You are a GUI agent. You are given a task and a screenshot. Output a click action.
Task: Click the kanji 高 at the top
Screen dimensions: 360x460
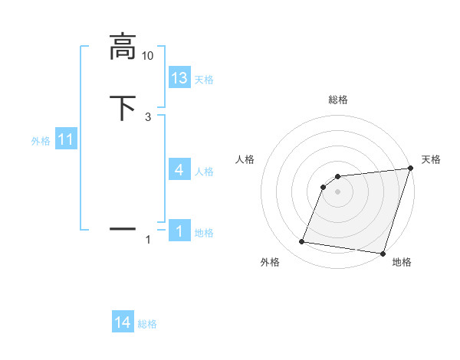[x=123, y=46]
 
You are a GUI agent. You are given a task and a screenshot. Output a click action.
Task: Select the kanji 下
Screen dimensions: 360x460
[x=123, y=108]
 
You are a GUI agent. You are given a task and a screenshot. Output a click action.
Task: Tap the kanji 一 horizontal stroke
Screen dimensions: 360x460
[x=123, y=228]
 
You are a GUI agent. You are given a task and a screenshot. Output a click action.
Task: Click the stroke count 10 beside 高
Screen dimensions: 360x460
[x=148, y=56]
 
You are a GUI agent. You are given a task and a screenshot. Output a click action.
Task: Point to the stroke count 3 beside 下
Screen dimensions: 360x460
[x=148, y=117]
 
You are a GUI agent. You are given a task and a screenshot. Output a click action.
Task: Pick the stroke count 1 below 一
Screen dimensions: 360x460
[x=148, y=241]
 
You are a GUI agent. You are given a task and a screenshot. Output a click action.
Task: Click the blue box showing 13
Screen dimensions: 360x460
[x=179, y=77]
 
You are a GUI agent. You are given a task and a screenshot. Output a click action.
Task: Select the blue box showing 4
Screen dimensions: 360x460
[x=179, y=169]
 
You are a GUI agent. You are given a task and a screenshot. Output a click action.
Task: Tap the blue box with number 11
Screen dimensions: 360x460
[x=66, y=140]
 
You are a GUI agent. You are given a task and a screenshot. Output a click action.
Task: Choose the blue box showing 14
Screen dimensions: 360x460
[x=123, y=323]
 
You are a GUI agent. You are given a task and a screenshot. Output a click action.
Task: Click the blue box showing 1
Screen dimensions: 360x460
[x=179, y=231]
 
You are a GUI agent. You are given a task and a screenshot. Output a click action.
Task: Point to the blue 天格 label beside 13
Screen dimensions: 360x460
[x=204, y=79]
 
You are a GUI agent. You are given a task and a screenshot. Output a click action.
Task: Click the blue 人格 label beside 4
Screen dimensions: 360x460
[x=204, y=171]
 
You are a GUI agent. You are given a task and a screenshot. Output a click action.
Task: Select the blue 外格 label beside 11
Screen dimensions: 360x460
[x=41, y=141]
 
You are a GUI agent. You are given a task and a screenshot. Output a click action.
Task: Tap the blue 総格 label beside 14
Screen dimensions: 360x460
[x=147, y=324]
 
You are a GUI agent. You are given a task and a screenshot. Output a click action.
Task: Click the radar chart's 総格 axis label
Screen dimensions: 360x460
[x=338, y=100]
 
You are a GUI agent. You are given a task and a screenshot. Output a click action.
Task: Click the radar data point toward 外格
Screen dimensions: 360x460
[x=302, y=242]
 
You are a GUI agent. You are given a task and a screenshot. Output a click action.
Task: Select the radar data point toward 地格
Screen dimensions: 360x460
[x=383, y=254]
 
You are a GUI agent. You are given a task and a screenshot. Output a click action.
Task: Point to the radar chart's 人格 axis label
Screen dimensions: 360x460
[x=245, y=159]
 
